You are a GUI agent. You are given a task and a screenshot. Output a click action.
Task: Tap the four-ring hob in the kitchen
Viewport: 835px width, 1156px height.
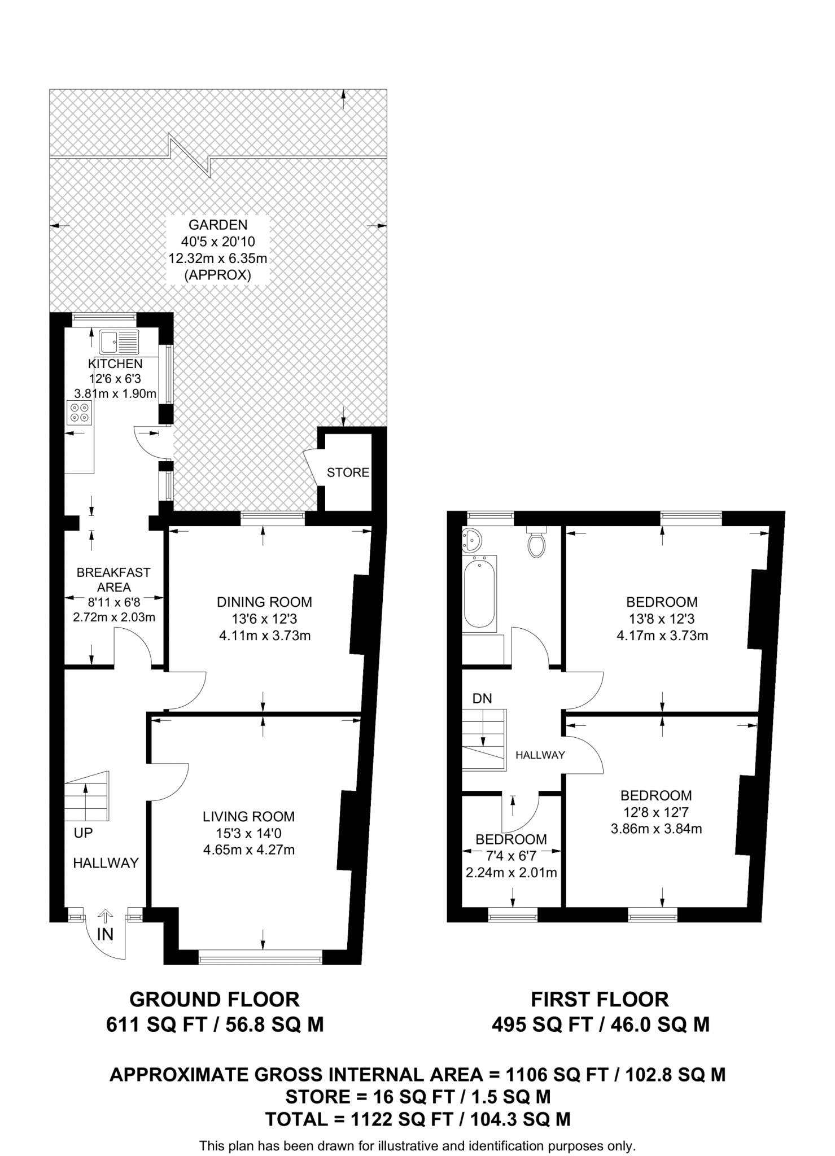[79, 412]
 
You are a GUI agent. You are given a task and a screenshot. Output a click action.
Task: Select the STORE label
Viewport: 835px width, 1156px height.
[348, 472]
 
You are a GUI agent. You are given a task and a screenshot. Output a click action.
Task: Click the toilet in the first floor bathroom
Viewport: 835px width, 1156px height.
[536, 544]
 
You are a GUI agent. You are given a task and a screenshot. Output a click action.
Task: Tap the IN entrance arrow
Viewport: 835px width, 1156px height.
[106, 918]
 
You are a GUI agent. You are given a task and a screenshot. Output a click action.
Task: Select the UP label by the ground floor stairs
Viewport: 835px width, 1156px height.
[83, 833]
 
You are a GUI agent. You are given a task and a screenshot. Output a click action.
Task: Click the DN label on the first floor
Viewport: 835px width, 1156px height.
[482, 699]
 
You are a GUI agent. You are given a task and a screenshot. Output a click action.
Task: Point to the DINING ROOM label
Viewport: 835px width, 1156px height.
[264, 602]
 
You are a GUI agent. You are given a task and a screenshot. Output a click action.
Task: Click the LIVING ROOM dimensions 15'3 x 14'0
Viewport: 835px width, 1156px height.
[248, 833]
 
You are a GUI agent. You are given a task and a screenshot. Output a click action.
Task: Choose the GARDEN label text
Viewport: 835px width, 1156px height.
[218, 225]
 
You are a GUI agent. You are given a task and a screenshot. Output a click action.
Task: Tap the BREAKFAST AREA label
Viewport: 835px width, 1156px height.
[113, 580]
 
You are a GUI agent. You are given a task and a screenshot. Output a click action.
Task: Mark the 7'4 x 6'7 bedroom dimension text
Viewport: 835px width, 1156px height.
[511, 856]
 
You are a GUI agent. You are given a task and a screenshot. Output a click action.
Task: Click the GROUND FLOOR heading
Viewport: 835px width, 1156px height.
[215, 1000]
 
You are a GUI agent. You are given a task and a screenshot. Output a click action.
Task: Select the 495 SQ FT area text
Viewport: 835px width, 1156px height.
[542, 1024]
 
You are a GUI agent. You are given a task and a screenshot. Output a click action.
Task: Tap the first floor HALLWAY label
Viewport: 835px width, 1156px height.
[540, 755]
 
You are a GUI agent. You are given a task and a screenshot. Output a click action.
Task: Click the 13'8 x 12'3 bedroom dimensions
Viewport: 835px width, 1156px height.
[662, 619]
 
